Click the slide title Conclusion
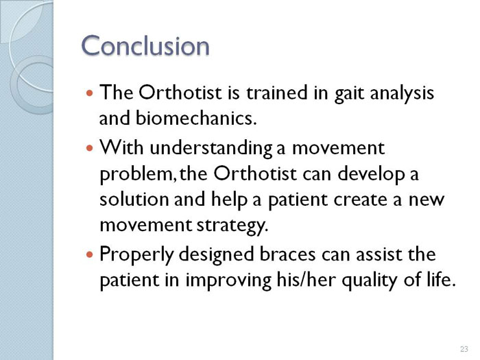click(145, 45)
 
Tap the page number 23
click(464, 348)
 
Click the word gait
click(349, 93)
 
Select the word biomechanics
click(195, 118)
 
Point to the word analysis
click(402, 93)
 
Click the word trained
click(277, 93)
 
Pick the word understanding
click(211, 148)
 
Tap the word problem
click(138, 174)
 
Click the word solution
click(134, 199)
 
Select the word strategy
click(232, 226)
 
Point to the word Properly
click(136, 255)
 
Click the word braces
click(287, 254)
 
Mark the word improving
click(228, 280)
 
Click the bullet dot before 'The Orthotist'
click(89, 93)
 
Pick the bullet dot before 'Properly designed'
click(89, 254)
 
